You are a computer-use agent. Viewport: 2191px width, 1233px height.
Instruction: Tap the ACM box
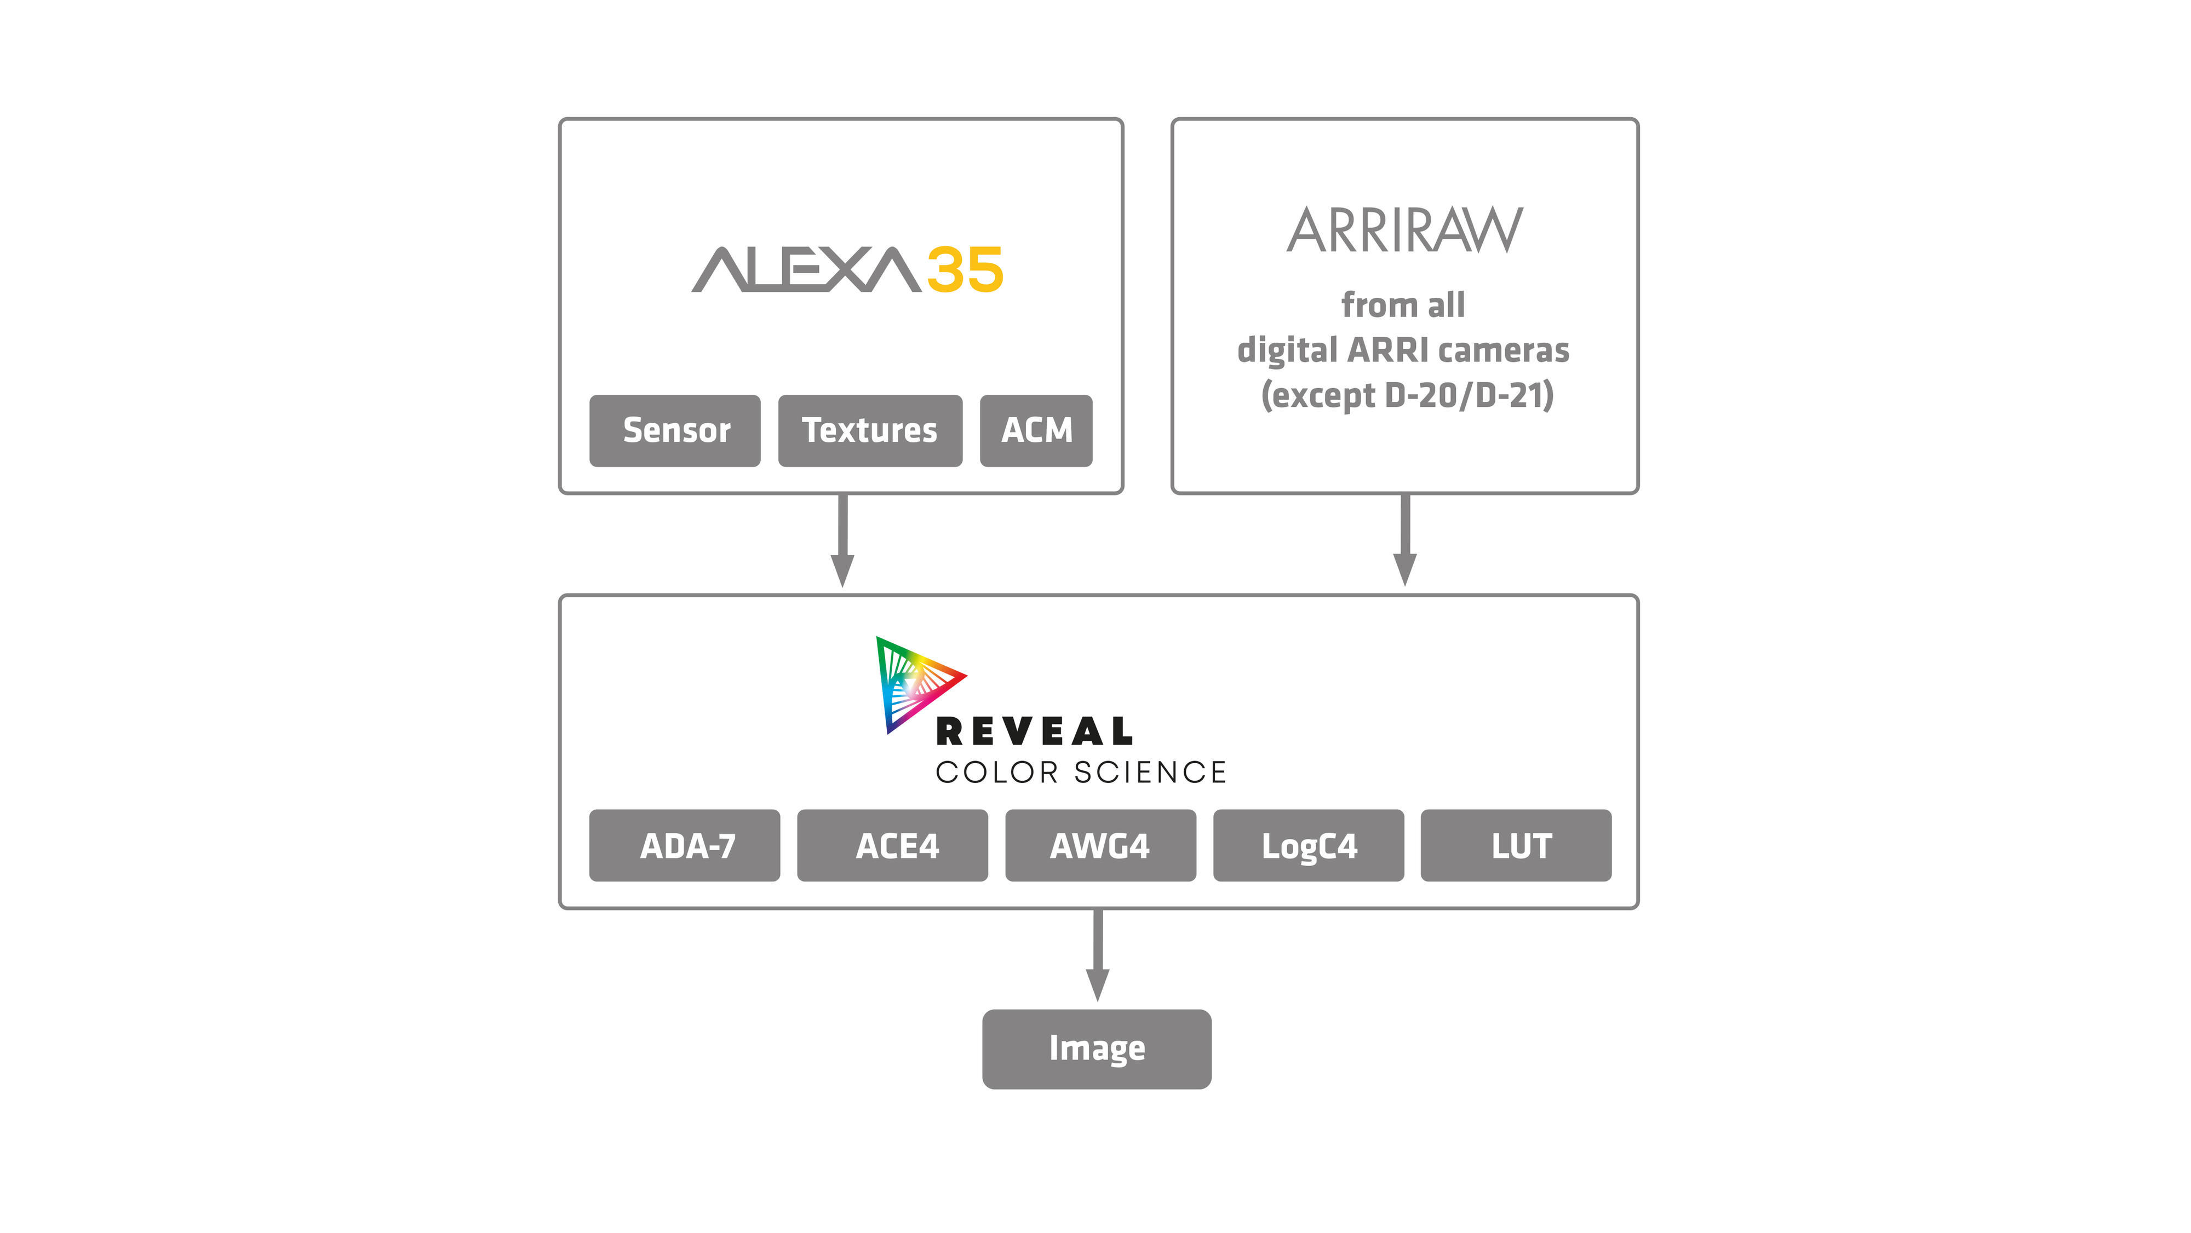click(x=1036, y=430)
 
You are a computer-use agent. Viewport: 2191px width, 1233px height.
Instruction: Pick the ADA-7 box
click(x=685, y=845)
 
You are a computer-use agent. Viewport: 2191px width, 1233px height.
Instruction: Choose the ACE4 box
click(x=892, y=845)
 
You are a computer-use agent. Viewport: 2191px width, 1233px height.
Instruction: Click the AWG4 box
click(x=1100, y=845)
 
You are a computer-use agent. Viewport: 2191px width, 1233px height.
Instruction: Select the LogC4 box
click(x=1308, y=845)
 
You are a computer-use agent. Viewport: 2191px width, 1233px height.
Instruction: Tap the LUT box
click(x=1516, y=845)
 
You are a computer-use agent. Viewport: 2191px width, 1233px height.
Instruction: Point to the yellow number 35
click(x=965, y=270)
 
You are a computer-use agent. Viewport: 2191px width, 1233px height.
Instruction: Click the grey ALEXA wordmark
click(x=805, y=270)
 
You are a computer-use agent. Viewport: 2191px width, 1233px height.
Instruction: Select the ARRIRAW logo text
click(x=1404, y=231)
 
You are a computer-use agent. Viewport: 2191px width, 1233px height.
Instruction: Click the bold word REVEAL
click(x=1034, y=731)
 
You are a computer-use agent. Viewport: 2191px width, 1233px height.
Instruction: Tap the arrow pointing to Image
click(x=1097, y=956)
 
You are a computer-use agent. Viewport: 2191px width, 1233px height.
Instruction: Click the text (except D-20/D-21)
click(x=1407, y=395)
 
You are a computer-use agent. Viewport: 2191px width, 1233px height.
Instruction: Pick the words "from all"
click(x=1403, y=304)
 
